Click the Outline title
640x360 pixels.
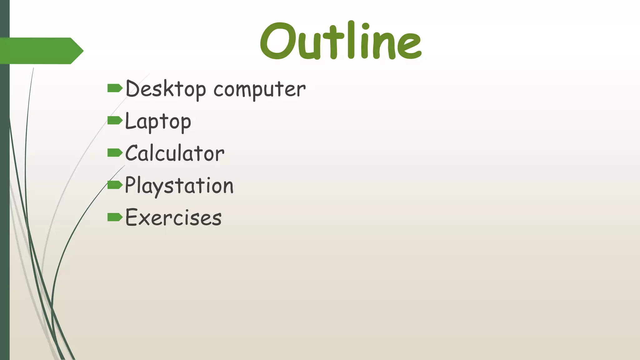coord(341,41)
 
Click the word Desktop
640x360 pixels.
coord(166,89)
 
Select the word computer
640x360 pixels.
coord(259,90)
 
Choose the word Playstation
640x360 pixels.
coord(179,186)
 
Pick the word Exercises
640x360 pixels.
coord(173,217)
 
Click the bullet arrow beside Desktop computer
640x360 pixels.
coord(115,88)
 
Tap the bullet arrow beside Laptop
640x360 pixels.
coord(115,120)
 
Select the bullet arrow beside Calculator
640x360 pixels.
coord(115,153)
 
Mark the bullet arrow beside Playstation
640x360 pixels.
coord(115,185)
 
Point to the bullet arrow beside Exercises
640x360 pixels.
coord(115,217)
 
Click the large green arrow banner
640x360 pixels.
coord(41,51)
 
